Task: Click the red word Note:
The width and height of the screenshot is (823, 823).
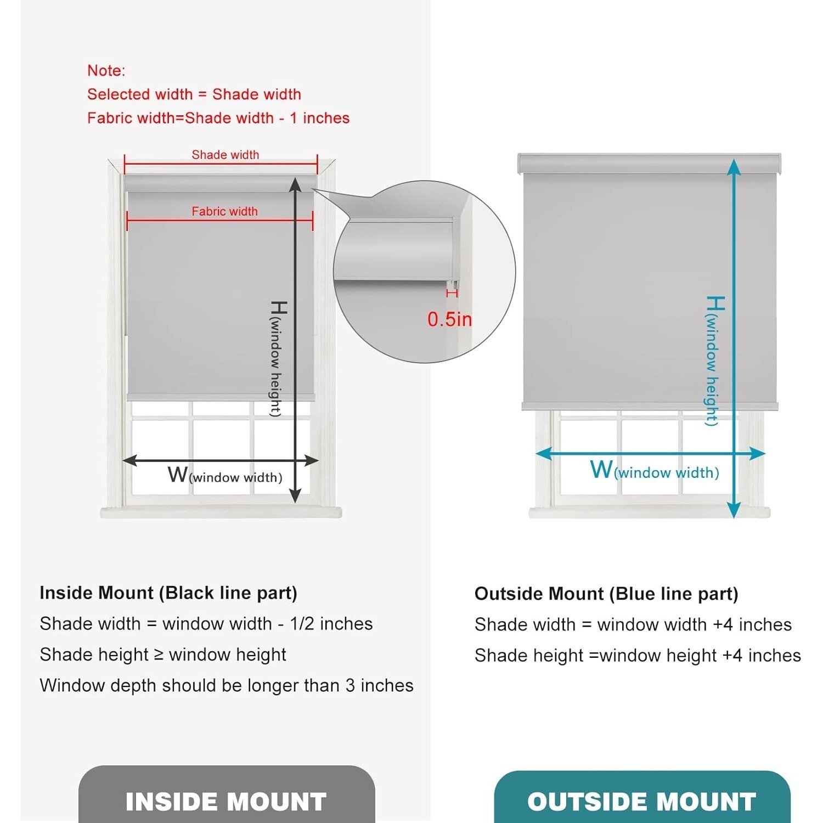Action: point(106,71)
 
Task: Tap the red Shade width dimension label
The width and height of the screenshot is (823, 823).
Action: point(226,155)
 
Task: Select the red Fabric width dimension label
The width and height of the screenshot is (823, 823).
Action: point(224,211)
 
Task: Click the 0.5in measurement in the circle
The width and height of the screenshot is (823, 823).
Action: point(449,319)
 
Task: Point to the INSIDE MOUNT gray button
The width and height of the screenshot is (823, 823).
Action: point(227,794)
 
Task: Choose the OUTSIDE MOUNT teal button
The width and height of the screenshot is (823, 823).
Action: point(642,797)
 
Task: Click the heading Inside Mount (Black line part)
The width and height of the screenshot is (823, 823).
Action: point(168,593)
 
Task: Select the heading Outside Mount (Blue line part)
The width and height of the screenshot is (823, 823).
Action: point(606,594)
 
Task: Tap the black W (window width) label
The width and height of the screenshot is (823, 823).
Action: point(225,475)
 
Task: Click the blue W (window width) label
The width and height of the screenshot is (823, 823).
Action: point(655,470)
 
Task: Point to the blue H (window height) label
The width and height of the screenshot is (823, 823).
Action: point(714,360)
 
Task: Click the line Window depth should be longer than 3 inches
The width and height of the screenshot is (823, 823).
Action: point(227,685)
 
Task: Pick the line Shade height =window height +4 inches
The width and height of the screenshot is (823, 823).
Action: point(638,656)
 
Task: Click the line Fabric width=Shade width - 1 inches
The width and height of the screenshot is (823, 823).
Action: point(218,118)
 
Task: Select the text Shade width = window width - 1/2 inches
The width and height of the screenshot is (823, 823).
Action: point(206,624)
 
